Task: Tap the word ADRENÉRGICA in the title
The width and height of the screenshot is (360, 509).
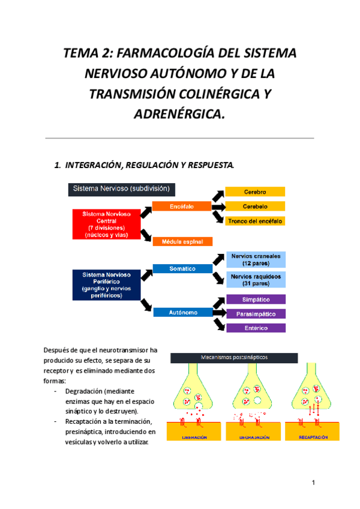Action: [x=179, y=113]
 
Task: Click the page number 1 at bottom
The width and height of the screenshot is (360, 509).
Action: [x=313, y=482]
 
